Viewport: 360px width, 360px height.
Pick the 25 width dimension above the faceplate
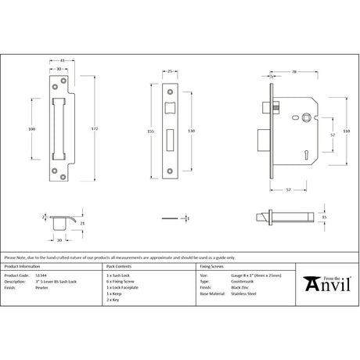coord(171,71)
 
